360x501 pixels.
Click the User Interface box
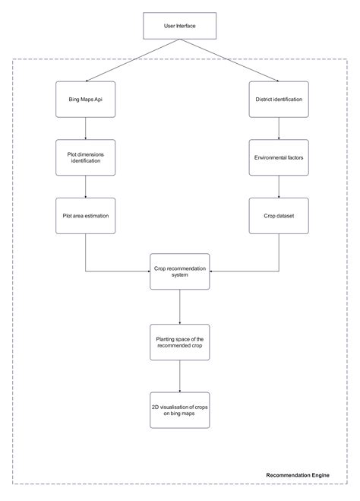tap(179, 26)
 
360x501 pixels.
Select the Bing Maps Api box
tap(85, 100)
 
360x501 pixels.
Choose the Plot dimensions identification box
tap(85, 158)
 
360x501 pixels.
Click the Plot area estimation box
tap(85, 216)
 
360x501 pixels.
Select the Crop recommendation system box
tap(179, 272)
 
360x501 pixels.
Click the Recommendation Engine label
tap(298, 475)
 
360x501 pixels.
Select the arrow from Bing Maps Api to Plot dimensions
tap(85, 128)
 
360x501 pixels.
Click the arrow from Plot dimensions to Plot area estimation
tap(85, 187)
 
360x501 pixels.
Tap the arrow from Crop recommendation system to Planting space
tap(179, 306)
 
